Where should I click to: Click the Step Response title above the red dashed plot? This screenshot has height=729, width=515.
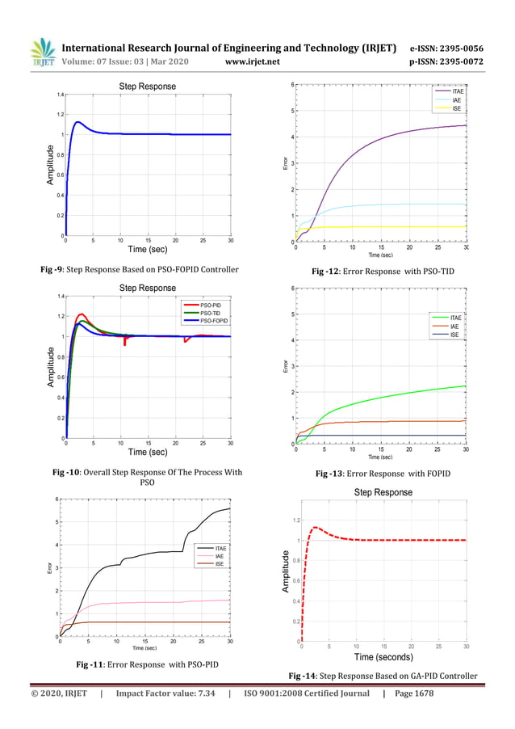pyautogui.click(x=383, y=492)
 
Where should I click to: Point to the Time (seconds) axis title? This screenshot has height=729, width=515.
pyautogui.click(x=384, y=657)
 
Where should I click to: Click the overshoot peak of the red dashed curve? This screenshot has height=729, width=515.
pyautogui.click(x=316, y=528)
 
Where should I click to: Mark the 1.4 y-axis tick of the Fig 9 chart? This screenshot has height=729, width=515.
pyautogui.click(x=59, y=95)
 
